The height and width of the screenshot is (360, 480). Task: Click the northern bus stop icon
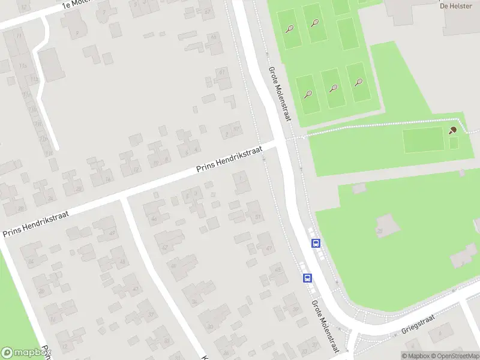(x=316, y=243)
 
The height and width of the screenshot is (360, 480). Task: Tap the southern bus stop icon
(x=307, y=278)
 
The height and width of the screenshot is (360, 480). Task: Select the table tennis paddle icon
(x=453, y=130)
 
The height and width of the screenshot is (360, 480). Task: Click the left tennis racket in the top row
(x=290, y=29)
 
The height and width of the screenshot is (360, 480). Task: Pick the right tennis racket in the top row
(x=315, y=23)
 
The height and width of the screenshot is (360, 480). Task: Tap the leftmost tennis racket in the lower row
(x=308, y=94)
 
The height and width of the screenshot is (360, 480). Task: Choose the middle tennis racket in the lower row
(x=333, y=88)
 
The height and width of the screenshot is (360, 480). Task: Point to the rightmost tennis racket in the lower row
(x=359, y=83)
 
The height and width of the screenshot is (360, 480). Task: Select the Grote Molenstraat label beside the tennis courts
(x=280, y=94)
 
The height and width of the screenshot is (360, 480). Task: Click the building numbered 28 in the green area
(x=380, y=231)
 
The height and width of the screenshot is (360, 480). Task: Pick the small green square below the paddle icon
(x=454, y=143)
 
